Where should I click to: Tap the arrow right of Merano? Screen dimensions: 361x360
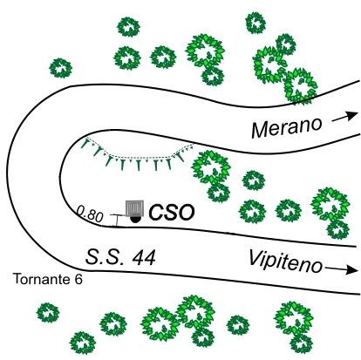tap(345, 117)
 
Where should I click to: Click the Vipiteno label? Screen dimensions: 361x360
tap(285, 262)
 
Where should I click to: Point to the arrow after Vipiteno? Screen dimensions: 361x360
tap(341, 269)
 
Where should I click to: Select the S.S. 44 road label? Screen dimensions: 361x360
tap(120, 257)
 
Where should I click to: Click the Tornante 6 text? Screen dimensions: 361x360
tap(48, 279)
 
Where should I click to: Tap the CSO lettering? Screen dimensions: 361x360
tap(172, 212)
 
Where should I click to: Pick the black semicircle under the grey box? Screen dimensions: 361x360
tap(134, 220)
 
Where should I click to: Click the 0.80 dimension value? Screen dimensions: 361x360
tap(90, 214)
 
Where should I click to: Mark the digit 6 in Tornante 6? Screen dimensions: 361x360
tap(78, 279)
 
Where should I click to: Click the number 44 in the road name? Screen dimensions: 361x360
tap(144, 257)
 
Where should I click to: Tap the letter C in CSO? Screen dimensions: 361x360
tap(156, 212)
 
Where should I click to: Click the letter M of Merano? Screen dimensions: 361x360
tap(261, 130)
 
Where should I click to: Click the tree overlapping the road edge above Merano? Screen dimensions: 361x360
tap(300, 86)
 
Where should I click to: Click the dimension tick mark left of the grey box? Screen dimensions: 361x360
tap(117, 221)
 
